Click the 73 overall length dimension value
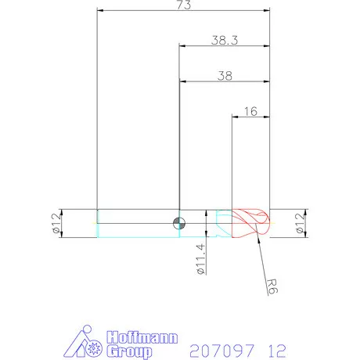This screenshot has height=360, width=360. coord(184,5)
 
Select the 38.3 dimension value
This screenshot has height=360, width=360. coord(225,40)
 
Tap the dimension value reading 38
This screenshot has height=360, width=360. coord(225,76)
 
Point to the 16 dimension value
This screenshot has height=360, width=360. coord(250,111)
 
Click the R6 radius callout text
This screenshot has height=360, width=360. coord(272,286)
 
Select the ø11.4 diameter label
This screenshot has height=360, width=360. coord(200,259)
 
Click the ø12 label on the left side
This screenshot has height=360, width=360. coord(56,223)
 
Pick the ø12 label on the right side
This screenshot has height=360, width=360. coord(301,223)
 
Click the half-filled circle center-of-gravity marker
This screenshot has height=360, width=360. coord(179,224)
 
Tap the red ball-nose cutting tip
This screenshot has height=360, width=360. coord(250,223)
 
